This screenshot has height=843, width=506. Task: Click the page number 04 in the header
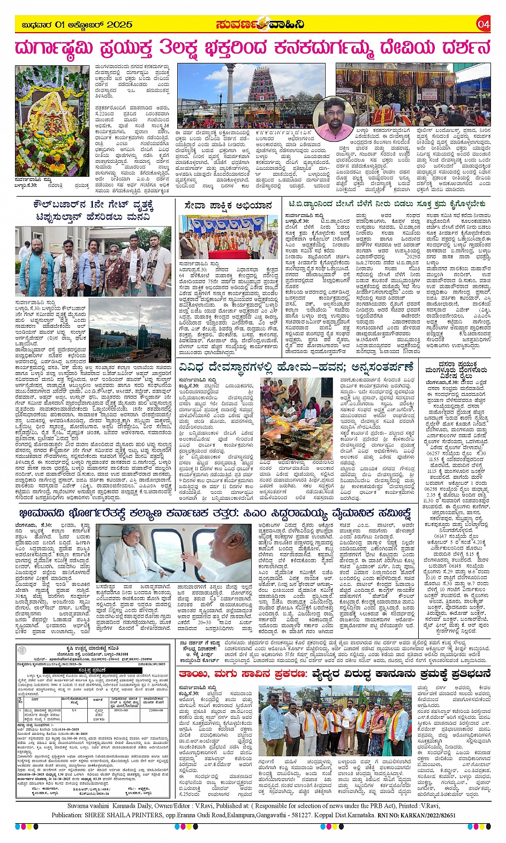(x=483, y=24)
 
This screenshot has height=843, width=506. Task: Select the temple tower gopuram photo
(x=251, y=96)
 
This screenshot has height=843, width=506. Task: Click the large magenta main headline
(x=253, y=48)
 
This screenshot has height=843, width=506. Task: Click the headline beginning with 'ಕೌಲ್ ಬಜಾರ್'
(x=94, y=209)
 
